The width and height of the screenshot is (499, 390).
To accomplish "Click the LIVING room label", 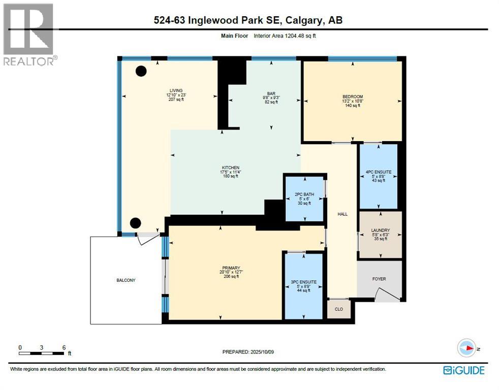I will coord(176,90).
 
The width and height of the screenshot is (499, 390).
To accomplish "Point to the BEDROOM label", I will coord(352,97).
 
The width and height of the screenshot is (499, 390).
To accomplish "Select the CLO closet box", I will coord(339,309).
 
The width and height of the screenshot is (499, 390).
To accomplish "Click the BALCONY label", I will coord(124,280).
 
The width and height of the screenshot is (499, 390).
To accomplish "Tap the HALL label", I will coord(342,214).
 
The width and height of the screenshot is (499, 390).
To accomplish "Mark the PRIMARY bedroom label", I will coord(230,268).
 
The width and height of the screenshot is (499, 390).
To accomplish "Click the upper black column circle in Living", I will coord(141,72).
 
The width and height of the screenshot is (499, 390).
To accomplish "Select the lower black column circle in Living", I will coord(135,222).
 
